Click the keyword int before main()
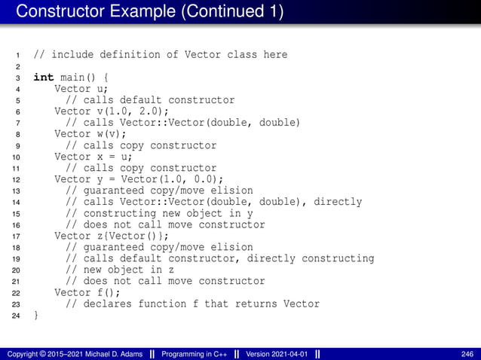(x=43, y=78)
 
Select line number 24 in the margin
(x=16, y=316)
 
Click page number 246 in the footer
(x=467, y=354)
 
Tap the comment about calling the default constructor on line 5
(x=150, y=100)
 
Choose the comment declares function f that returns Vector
(x=192, y=304)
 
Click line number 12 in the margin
(x=16, y=180)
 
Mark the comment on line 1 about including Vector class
(x=160, y=55)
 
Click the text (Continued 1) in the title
(x=222, y=12)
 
